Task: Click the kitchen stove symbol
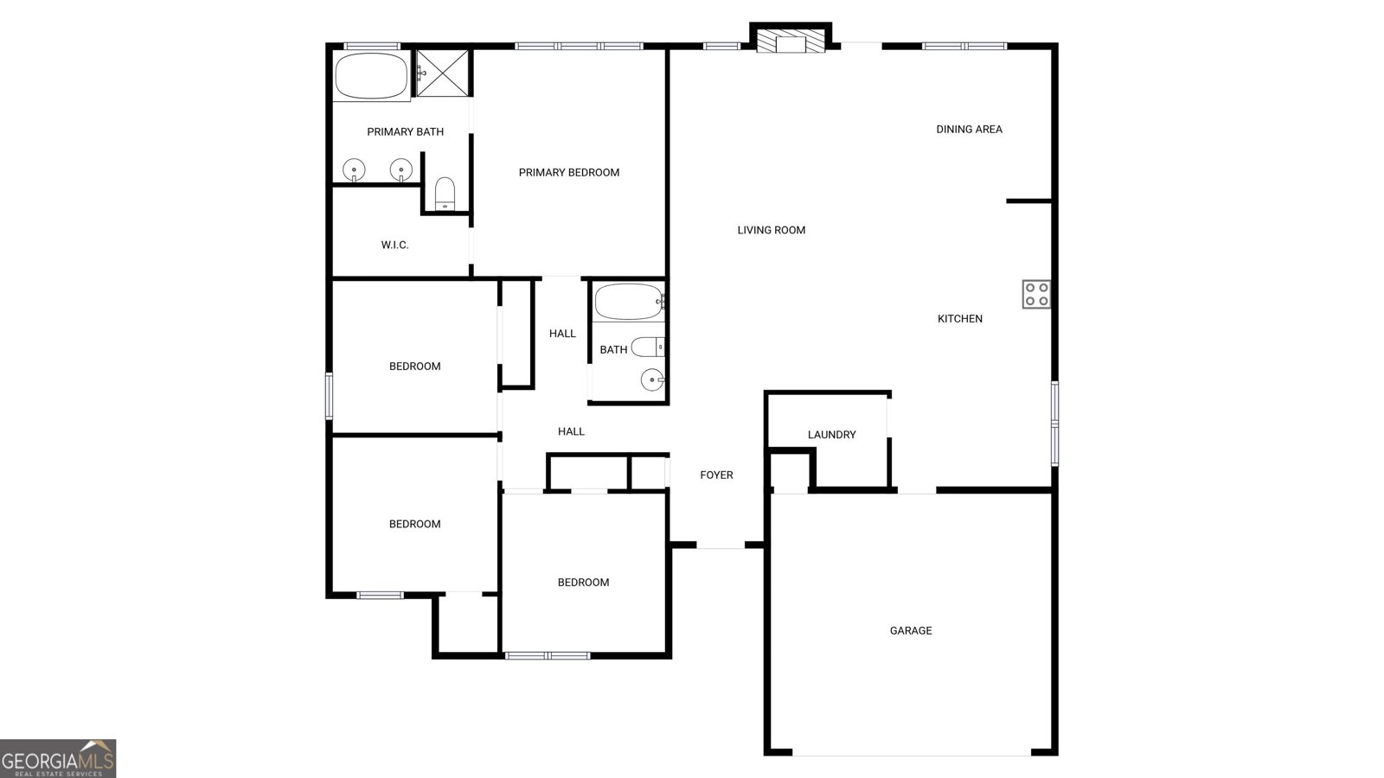1036,295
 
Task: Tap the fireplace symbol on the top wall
790,41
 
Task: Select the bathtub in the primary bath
371,76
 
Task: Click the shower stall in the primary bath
443,73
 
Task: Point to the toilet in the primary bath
445,194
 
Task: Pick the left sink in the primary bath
354,169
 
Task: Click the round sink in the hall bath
652,379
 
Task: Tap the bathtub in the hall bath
629,302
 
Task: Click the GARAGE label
911,631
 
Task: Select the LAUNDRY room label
831,435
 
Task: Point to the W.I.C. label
394,246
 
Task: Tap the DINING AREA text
969,130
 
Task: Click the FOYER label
716,475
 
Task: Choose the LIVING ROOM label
771,231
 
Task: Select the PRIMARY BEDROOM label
568,173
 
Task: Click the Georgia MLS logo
58,758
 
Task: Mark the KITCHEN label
959,319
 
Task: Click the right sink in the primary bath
400,169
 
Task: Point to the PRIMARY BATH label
405,132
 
